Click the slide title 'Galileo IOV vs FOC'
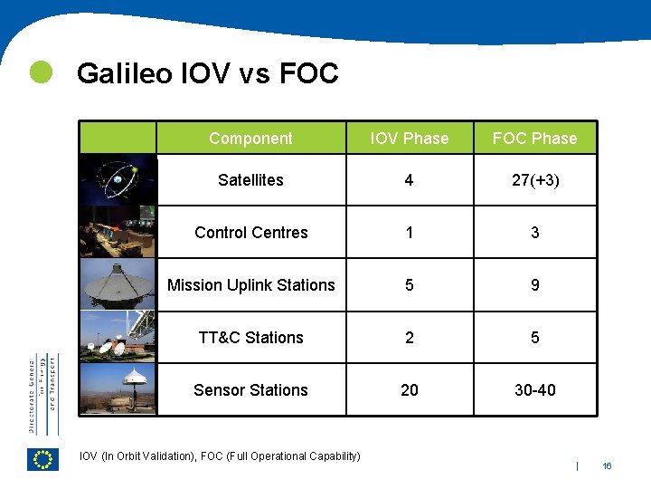pyautogui.click(x=207, y=73)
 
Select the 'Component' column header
pyautogui.click(x=250, y=139)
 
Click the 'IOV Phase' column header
pyautogui.click(x=410, y=139)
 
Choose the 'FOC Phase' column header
pyautogui.click(x=534, y=139)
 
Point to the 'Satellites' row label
pyautogui.click(x=250, y=180)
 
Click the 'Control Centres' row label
pyautogui.click(x=250, y=233)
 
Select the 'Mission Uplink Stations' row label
pyautogui.click(x=250, y=285)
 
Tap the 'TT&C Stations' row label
pyautogui.click(x=250, y=338)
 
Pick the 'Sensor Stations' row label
pyautogui.click(x=250, y=390)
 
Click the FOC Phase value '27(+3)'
pyautogui.click(x=534, y=180)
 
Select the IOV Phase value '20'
pyautogui.click(x=410, y=390)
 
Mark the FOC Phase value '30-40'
pyautogui.click(x=534, y=390)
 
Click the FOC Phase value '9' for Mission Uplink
pyautogui.click(x=534, y=285)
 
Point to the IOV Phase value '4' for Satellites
pyautogui.click(x=410, y=180)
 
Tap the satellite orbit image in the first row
pyautogui.click(x=118, y=180)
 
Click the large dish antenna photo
pyautogui.click(x=118, y=285)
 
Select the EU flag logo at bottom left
pyautogui.click(x=42, y=460)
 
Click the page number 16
pyautogui.click(x=607, y=465)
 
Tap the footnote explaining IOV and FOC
pyautogui.click(x=220, y=455)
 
